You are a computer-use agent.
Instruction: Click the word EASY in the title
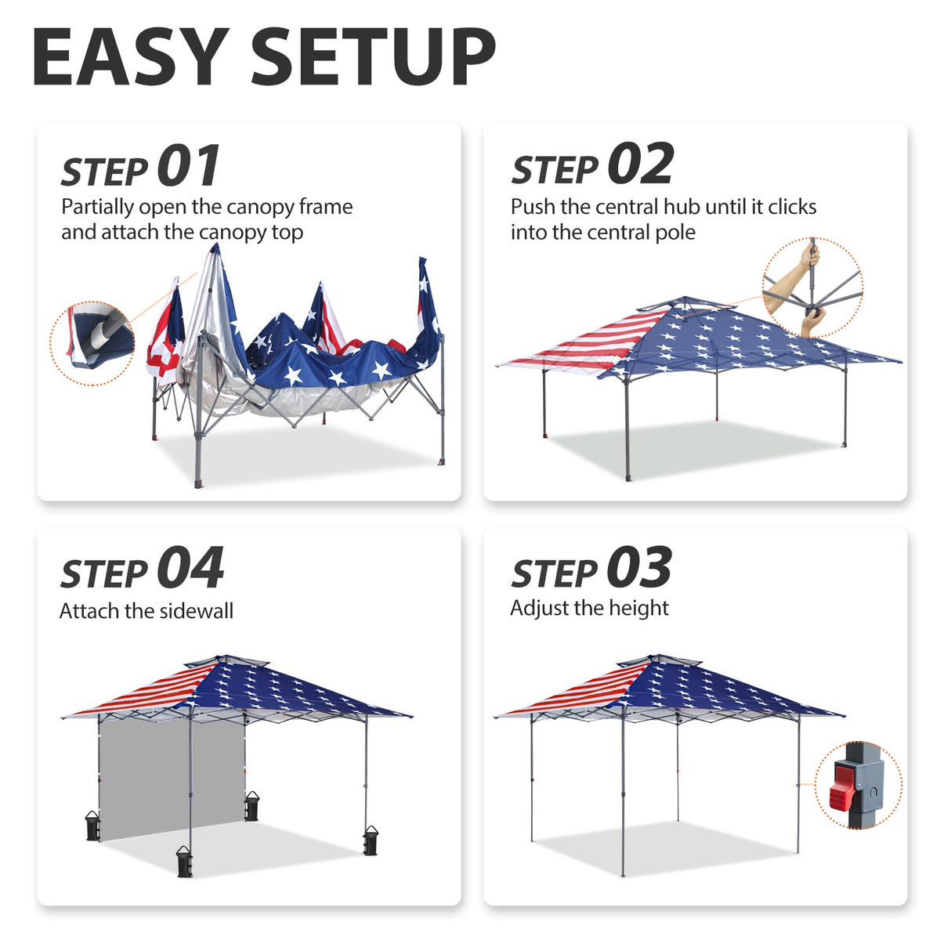[x=130, y=57]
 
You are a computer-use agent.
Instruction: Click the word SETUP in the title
[x=374, y=57]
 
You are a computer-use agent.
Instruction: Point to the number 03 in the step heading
[x=638, y=568]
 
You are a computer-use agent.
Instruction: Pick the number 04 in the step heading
[x=190, y=569]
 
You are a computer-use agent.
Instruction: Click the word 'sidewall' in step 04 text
[x=198, y=611]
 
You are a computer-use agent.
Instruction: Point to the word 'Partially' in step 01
[x=97, y=207]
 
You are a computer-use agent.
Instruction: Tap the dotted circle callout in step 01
[x=92, y=343]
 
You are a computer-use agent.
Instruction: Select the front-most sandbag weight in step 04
[x=185, y=861]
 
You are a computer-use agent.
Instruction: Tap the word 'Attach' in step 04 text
[x=87, y=611]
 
